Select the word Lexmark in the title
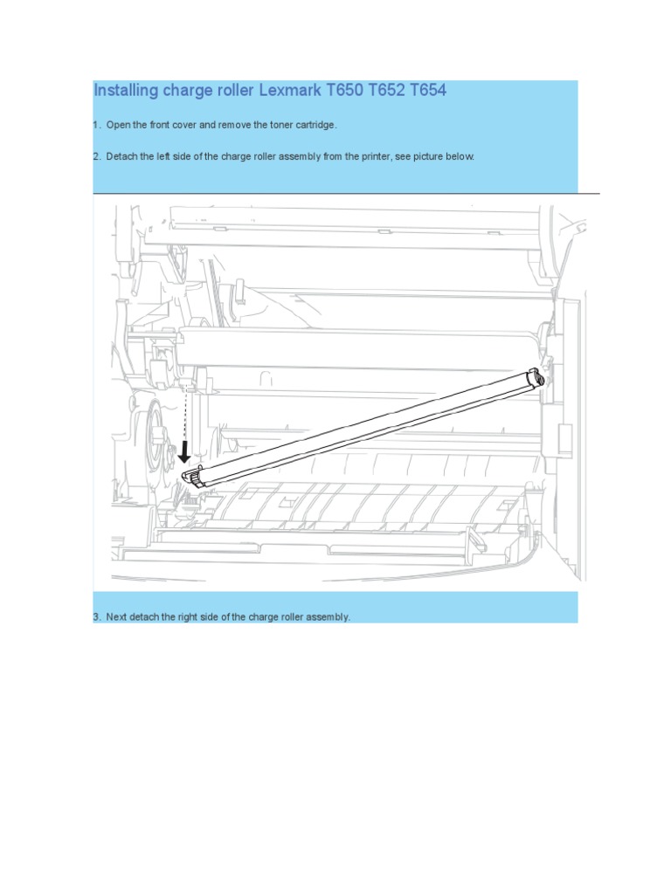pyautogui.click(x=292, y=91)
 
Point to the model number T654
pyautogui.click(x=426, y=91)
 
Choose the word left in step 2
pyautogui.click(x=163, y=157)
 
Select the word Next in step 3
pyautogui.click(x=117, y=617)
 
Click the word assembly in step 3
pyautogui.click(x=326, y=617)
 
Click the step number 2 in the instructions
pyautogui.click(x=96, y=157)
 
